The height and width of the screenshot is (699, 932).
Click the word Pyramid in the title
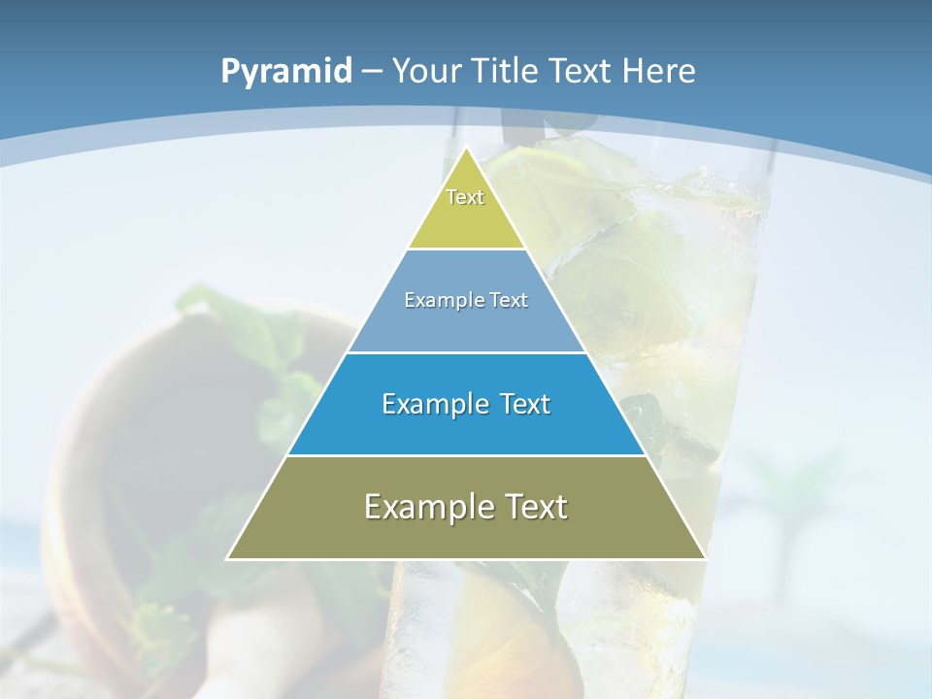[x=285, y=72]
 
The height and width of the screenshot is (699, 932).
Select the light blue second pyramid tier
[x=466, y=325]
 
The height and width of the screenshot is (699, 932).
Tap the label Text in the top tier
[x=465, y=197]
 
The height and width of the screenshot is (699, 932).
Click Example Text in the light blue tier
[x=466, y=300]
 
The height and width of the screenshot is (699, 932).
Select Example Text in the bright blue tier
[x=466, y=404]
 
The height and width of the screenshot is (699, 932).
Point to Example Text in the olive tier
[x=466, y=507]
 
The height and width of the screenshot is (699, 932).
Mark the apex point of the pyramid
[x=467, y=149]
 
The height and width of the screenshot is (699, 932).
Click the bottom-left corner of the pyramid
[x=228, y=558]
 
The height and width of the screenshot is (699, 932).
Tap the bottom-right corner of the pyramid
[x=705, y=558]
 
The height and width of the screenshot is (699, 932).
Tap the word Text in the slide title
[x=581, y=71]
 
